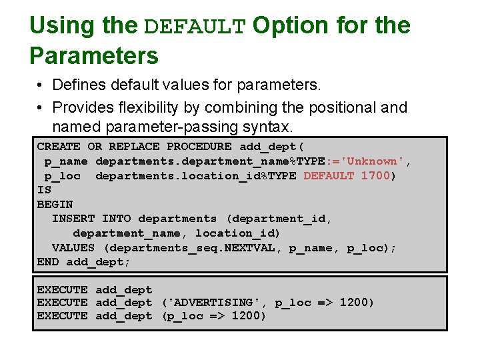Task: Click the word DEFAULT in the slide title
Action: [x=195, y=27]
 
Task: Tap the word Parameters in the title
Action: [x=94, y=55]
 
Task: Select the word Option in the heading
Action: [x=290, y=26]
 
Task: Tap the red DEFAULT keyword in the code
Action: [x=329, y=176]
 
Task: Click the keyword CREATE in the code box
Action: [x=59, y=147]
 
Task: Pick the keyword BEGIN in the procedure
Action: [x=55, y=205]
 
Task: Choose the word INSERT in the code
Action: [x=73, y=219]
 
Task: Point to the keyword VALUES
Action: [x=73, y=248]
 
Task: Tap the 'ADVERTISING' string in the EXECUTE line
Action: [x=214, y=303]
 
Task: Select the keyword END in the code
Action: [x=48, y=262]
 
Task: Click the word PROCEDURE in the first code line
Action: [x=199, y=147]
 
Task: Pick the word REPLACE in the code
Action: [x=134, y=147]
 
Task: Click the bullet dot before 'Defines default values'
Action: [x=41, y=86]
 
